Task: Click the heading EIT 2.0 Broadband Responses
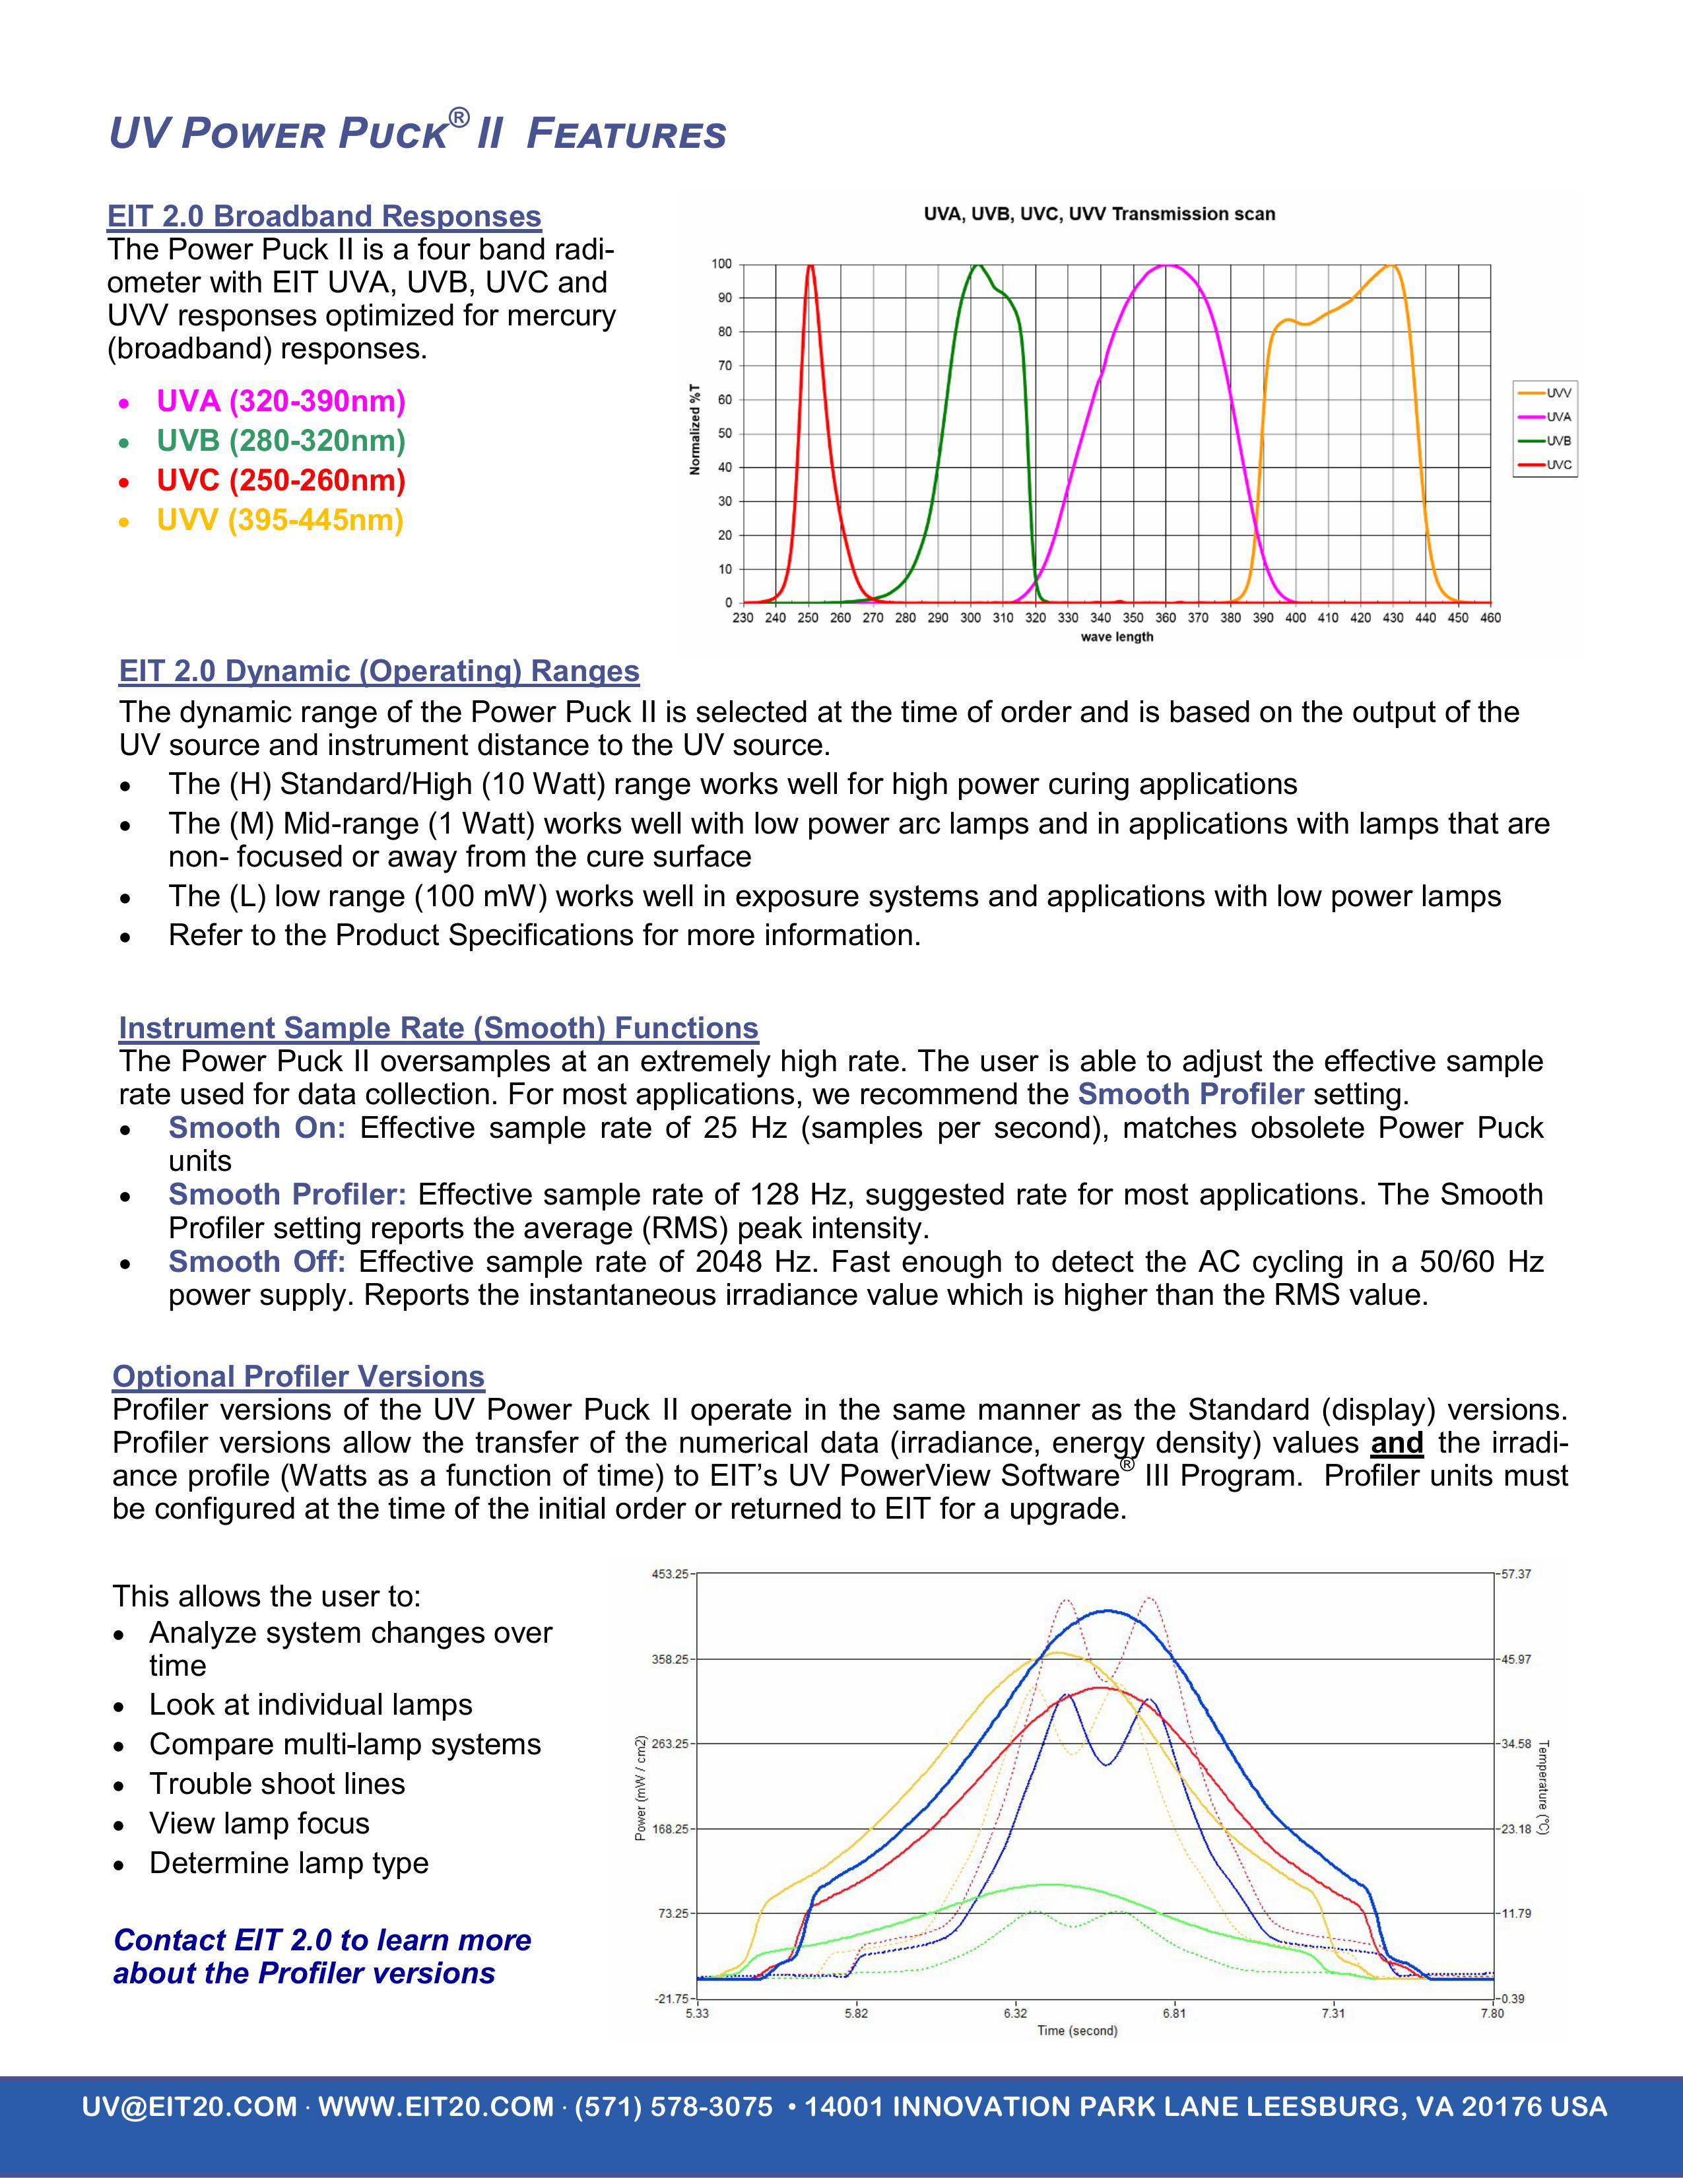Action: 324,216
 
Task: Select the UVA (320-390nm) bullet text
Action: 281,402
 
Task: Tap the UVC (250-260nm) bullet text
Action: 281,480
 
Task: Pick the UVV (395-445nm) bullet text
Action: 279,521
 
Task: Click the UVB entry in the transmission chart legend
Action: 1558,441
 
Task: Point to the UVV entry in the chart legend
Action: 1558,393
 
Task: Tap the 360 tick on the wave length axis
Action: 1166,618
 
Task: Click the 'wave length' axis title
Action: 1117,638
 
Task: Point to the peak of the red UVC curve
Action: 810,265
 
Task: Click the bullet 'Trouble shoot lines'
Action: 277,1783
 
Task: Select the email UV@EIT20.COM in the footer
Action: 189,2107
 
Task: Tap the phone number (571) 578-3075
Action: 673,2107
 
